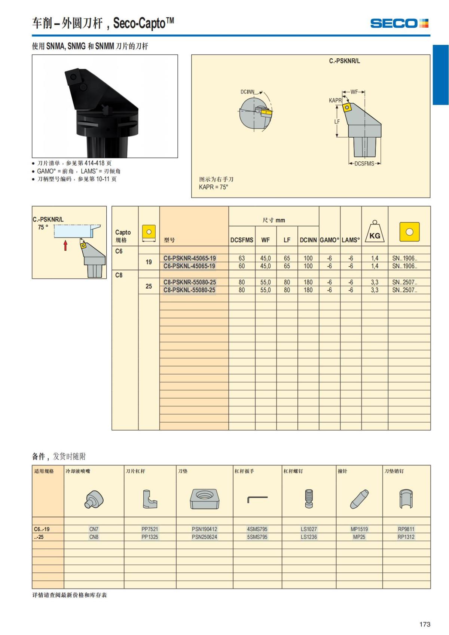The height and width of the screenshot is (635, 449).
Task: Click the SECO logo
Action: (399, 24)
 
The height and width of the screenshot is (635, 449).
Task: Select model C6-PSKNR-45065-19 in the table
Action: (189, 258)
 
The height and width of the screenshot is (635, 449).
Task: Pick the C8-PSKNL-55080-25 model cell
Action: (189, 290)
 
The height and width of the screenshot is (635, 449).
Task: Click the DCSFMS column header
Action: (241, 240)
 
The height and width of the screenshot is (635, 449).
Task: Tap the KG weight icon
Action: (375, 232)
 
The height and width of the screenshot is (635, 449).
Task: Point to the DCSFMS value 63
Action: (242, 258)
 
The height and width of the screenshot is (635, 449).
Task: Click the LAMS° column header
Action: (351, 240)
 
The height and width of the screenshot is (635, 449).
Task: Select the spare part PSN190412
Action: (204, 529)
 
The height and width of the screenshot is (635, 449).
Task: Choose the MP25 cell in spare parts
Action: (359, 537)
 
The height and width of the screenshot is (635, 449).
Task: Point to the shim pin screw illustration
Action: (406, 499)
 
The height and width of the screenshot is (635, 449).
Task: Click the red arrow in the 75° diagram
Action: (65, 245)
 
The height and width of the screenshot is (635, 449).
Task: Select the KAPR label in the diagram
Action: (335, 100)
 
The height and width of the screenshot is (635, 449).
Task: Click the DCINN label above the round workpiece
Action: (247, 92)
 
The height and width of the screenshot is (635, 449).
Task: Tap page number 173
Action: (425, 624)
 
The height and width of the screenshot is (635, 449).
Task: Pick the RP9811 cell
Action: (406, 529)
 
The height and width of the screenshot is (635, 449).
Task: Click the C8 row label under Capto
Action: (119, 275)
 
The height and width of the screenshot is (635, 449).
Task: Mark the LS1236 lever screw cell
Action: (309, 537)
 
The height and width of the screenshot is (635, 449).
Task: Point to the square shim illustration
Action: (204, 499)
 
